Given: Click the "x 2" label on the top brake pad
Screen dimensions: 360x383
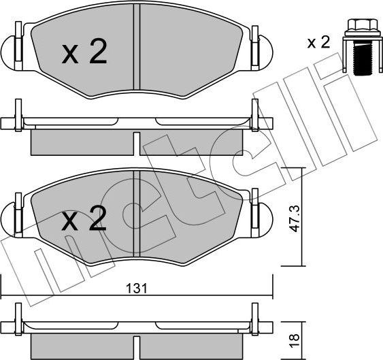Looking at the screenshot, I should click(84, 52).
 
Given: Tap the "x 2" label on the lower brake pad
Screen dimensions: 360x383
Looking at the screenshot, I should click(84, 219).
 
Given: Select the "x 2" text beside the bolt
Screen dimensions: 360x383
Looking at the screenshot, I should click(318, 43).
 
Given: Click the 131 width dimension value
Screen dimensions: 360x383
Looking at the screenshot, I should click(137, 289).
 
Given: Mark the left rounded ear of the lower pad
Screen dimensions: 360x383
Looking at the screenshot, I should click(10, 217).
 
